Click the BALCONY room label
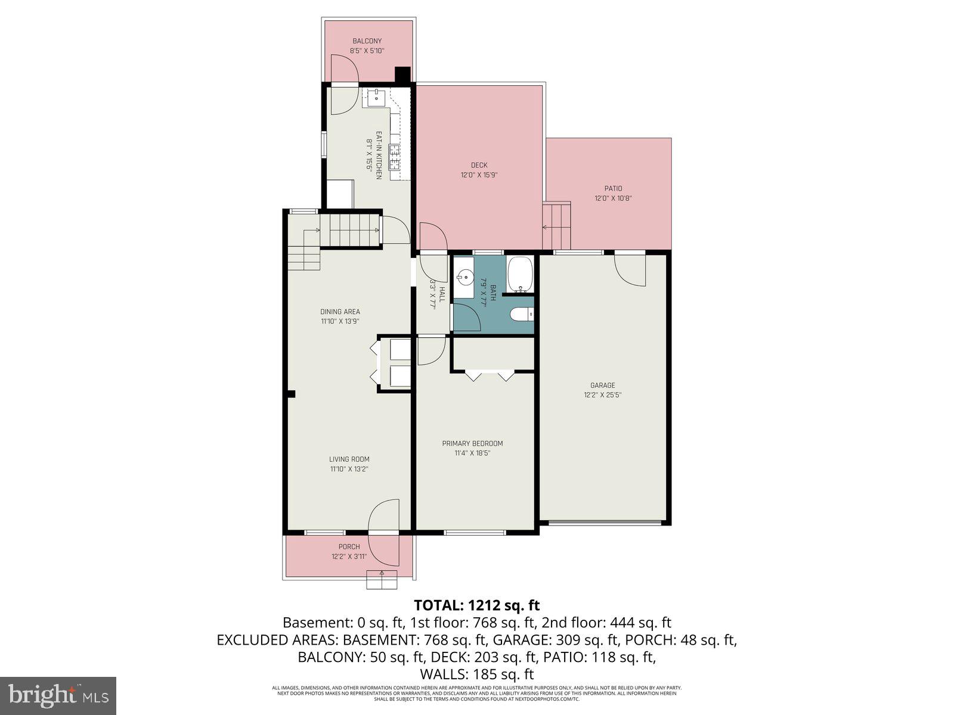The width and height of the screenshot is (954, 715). pyautogui.click(x=367, y=41)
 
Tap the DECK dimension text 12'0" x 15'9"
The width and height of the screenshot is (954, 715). pyautogui.click(x=479, y=175)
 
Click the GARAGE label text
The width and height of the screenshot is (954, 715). pyautogui.click(x=602, y=385)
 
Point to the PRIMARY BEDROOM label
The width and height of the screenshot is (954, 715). pyautogui.click(x=472, y=443)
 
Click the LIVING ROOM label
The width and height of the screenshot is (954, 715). pyautogui.click(x=349, y=459)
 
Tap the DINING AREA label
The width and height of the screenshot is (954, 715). pyautogui.click(x=340, y=312)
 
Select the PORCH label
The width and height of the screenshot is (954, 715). pyautogui.click(x=349, y=546)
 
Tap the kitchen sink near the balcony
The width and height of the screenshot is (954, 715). pyautogui.click(x=376, y=97)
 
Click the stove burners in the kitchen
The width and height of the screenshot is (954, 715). pyautogui.click(x=395, y=156)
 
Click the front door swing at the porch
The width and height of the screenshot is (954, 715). pyautogui.click(x=383, y=515)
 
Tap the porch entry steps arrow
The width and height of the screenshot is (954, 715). pyautogui.click(x=381, y=579)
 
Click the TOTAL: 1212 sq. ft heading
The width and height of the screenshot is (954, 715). pyautogui.click(x=476, y=605)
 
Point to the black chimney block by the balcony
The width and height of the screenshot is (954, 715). pyautogui.click(x=403, y=74)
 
